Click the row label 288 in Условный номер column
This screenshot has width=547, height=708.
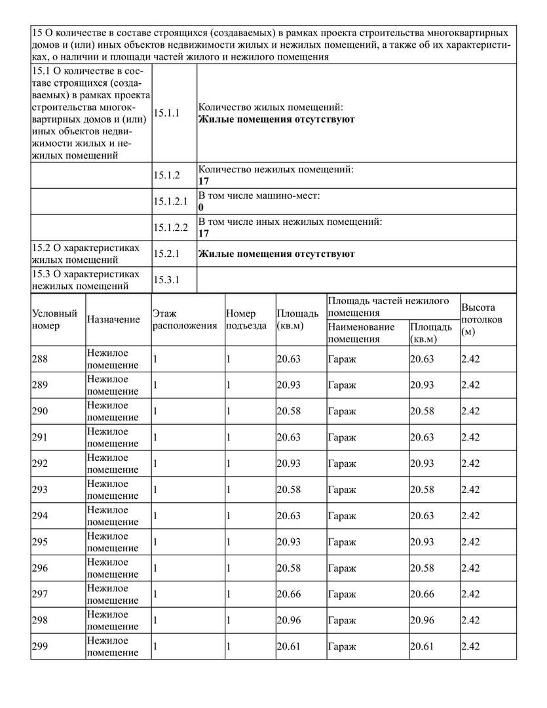coord(40,359)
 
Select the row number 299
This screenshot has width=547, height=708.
coord(40,646)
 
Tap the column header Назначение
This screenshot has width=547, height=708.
coord(113,319)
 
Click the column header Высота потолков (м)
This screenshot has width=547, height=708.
coord(482,319)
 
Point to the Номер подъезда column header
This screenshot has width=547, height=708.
coord(246,319)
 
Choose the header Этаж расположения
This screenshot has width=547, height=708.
coord(185,319)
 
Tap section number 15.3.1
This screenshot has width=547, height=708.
coord(166,281)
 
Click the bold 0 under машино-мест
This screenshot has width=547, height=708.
coord(201,207)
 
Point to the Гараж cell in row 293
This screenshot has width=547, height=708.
coord(342,490)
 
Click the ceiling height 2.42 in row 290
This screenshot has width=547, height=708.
coord(470,411)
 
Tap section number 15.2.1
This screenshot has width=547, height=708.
coord(166,254)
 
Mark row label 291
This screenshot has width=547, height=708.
coord(40,437)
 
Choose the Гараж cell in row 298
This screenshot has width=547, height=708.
coord(342,621)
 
